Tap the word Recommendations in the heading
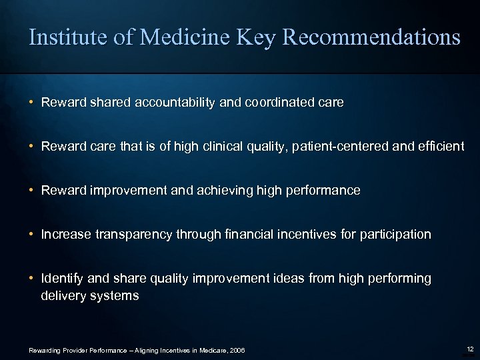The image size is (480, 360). (x=371, y=37)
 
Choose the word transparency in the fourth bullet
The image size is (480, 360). (x=127, y=235)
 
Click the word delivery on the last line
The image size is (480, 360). (x=62, y=295)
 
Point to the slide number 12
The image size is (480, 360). (x=471, y=349)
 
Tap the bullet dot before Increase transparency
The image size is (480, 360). (x=32, y=235)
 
